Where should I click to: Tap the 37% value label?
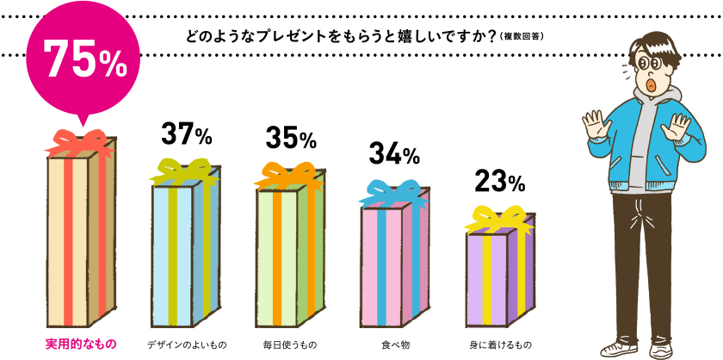[186, 134]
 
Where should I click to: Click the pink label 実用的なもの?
[80, 344]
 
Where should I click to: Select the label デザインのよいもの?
[186, 344]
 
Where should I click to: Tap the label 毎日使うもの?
[290, 344]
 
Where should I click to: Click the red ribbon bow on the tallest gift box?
[82, 140]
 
